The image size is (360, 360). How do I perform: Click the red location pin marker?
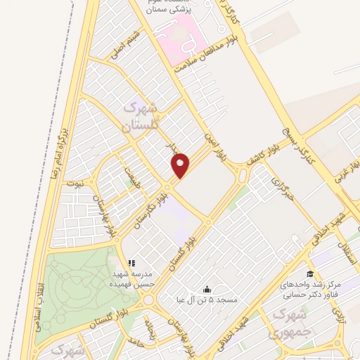pos(181,165)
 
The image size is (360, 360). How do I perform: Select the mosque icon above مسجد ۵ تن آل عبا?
pos(207,289)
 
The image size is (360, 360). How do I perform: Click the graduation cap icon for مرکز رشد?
pos(309,274)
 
